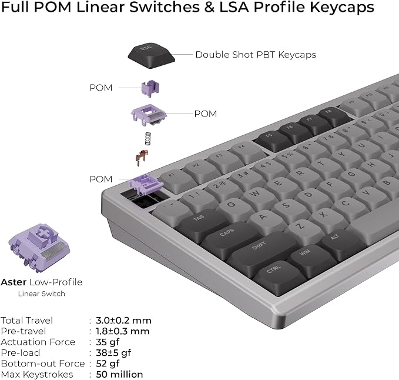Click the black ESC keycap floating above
(152, 55)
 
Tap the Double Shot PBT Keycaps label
(256, 55)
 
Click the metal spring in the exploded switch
(147, 139)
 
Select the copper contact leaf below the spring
(142, 158)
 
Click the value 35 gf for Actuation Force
(108, 342)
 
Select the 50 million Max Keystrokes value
(119, 374)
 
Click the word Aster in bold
(14, 282)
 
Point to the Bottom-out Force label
(43, 364)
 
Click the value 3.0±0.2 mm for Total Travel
(123, 321)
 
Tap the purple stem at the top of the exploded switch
(150, 88)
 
